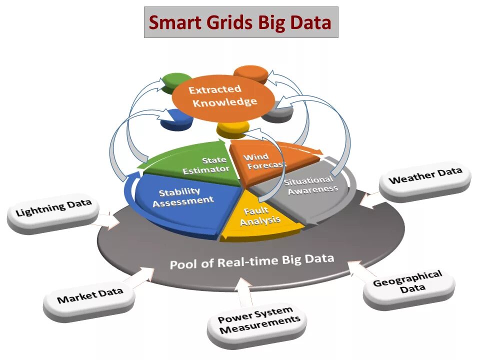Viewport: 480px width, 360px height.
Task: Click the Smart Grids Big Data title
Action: point(240,22)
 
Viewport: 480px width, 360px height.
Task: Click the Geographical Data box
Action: point(407,283)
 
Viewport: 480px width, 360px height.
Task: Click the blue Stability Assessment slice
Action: point(180,200)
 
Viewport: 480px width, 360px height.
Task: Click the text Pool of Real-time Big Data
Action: point(251,261)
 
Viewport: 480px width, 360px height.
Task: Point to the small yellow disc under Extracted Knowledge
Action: point(232,129)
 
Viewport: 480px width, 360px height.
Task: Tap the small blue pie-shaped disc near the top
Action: point(176,120)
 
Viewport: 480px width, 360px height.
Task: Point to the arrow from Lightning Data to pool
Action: point(107,220)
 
